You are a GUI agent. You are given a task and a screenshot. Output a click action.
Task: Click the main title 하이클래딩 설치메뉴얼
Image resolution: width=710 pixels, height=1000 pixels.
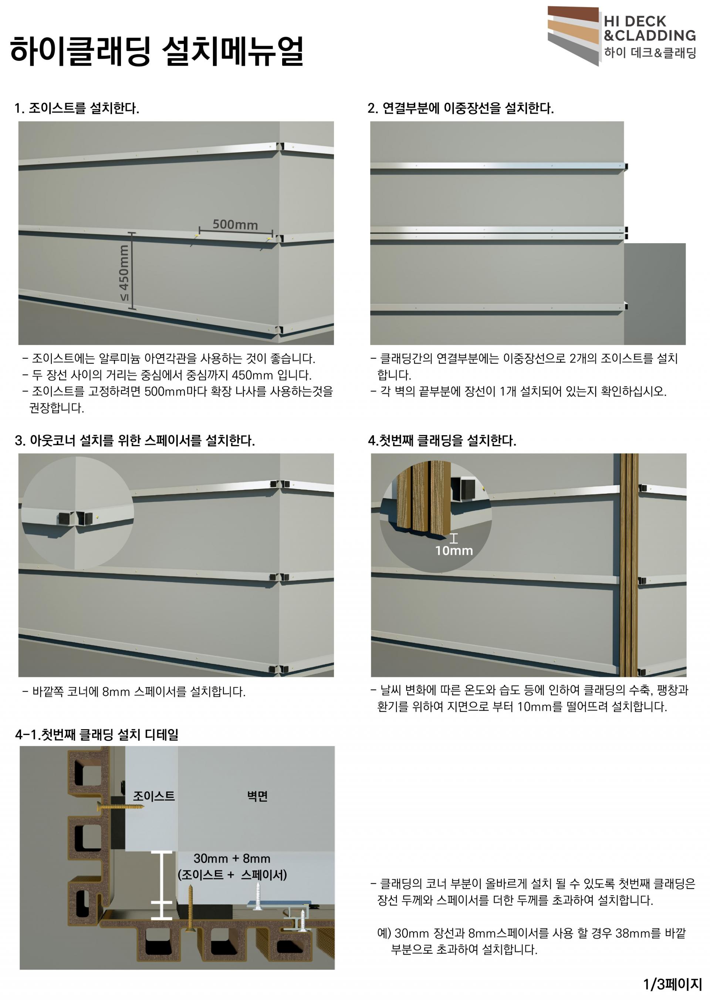(x=156, y=51)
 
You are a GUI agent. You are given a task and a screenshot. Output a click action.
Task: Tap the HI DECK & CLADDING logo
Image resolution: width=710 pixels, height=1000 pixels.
(x=622, y=36)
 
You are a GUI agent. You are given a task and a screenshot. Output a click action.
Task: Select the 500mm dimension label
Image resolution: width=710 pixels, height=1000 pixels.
(x=235, y=224)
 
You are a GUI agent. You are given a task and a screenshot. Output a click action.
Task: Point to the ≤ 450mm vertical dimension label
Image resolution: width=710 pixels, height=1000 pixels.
(x=124, y=272)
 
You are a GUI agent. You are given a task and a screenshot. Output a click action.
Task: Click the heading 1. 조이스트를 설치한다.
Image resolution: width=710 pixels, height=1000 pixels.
(x=77, y=108)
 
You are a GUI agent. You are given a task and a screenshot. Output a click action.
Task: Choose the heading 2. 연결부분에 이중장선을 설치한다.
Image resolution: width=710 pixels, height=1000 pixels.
(x=460, y=108)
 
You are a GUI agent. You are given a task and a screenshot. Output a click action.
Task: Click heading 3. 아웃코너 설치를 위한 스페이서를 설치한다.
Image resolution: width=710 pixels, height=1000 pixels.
(x=135, y=440)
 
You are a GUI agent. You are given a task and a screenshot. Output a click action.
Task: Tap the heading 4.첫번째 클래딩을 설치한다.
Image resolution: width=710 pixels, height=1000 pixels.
(x=442, y=440)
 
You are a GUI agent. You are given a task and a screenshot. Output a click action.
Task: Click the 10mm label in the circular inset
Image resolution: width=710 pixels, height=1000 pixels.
(x=454, y=550)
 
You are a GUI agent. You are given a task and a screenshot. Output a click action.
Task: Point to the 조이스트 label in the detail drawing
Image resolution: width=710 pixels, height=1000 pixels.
(x=154, y=796)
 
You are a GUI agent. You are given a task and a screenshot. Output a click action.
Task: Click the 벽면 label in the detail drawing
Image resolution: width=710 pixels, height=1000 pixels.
(x=257, y=796)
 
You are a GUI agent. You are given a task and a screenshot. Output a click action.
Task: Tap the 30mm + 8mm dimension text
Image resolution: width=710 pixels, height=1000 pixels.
(x=232, y=858)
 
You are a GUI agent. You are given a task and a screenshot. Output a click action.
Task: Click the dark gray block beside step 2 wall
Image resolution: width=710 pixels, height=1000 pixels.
(x=655, y=293)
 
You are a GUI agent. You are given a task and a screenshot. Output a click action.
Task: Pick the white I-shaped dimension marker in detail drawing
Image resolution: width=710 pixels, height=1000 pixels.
(x=161, y=885)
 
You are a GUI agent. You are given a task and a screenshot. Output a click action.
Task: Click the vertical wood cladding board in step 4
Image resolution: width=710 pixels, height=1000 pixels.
(x=629, y=565)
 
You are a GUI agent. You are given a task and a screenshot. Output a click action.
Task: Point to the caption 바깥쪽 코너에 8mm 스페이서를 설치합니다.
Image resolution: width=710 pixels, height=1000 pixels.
(x=134, y=692)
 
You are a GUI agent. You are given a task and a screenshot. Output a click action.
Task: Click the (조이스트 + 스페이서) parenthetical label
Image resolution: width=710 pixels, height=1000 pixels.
(x=232, y=875)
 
